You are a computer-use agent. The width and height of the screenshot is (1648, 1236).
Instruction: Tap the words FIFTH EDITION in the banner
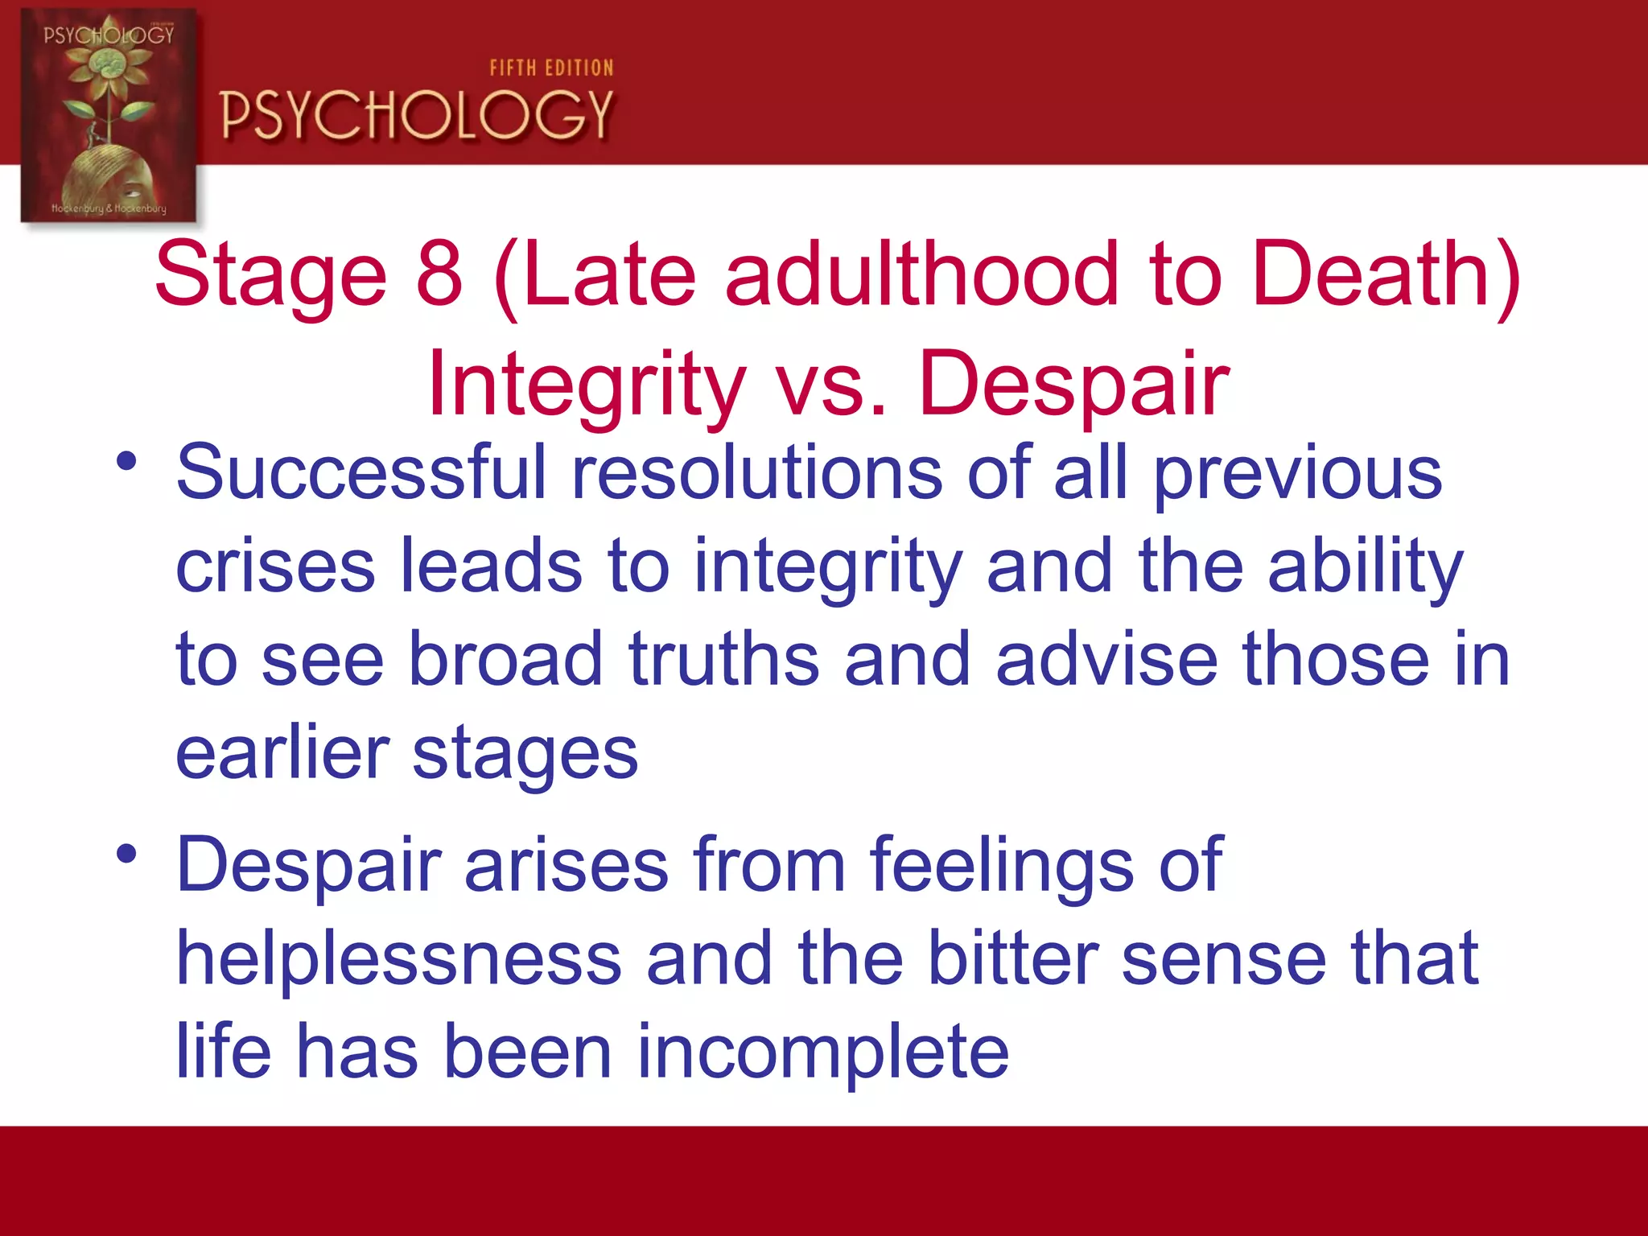(x=551, y=68)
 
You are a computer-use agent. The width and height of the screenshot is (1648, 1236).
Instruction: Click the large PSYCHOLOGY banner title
(x=417, y=115)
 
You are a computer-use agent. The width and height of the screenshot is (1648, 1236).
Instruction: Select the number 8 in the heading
(x=439, y=274)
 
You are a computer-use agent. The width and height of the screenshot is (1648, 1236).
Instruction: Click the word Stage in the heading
(x=270, y=274)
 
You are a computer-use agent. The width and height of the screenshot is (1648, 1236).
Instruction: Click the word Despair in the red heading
(x=1074, y=385)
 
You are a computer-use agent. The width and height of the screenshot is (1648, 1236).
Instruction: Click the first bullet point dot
(x=126, y=462)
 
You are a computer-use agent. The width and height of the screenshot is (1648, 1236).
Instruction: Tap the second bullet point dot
(x=126, y=854)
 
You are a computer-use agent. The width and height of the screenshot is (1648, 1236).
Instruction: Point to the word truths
(x=723, y=660)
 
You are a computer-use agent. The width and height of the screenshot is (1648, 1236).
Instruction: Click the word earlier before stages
(x=282, y=753)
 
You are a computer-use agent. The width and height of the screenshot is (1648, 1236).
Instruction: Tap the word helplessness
(x=399, y=959)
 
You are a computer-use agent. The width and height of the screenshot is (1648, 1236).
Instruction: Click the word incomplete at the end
(x=822, y=1052)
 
